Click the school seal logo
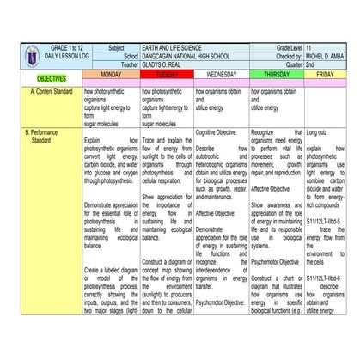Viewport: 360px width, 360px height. coord(15,57)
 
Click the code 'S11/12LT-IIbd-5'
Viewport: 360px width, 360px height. coord(325,223)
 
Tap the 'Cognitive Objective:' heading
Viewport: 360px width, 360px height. coord(222,132)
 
